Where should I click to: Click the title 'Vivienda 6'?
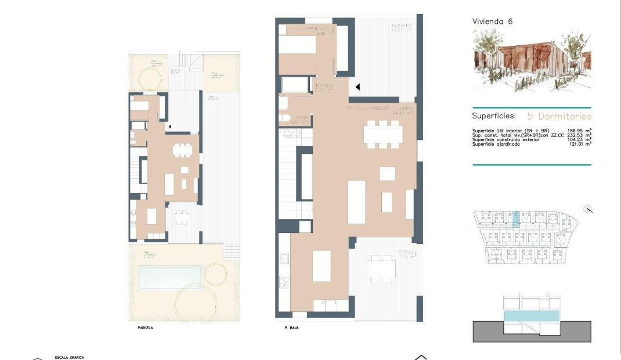pyautogui.click(x=492, y=21)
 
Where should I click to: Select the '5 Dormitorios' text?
pyautogui.click(x=559, y=116)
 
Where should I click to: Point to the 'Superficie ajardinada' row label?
pyautogui.click(x=496, y=144)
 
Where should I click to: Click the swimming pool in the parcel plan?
pyautogui.click(x=170, y=277)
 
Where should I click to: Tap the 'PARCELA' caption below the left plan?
pyautogui.click(x=145, y=328)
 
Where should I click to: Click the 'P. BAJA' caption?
pyautogui.click(x=291, y=328)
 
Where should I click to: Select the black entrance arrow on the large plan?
pyautogui.click(x=358, y=87)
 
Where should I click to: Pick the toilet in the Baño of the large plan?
pyautogui.click(x=285, y=118)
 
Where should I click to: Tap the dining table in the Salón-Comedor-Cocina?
pyautogui.click(x=383, y=135)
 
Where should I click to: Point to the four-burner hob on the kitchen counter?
pyautogui.click(x=284, y=282)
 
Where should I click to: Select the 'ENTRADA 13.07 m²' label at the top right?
pyautogui.click(x=402, y=28)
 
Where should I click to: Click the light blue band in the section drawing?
pyautogui.click(x=532, y=317)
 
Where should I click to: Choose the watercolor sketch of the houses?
pyautogui.click(x=531, y=61)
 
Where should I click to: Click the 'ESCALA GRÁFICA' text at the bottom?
pyautogui.click(x=69, y=357)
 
